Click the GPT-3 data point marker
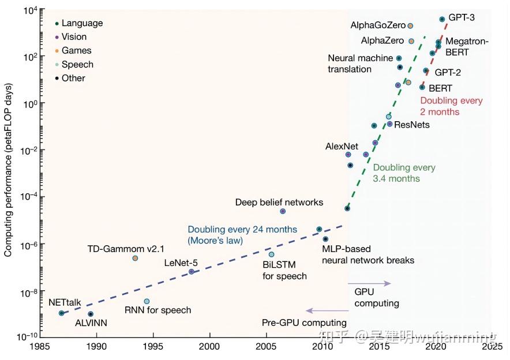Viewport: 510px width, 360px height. pos(442,19)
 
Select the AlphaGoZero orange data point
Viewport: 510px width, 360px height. pos(410,26)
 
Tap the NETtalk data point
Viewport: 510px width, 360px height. pos(61,313)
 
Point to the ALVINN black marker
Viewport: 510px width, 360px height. pos(91,314)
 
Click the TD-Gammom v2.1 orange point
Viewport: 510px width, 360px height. pos(135,258)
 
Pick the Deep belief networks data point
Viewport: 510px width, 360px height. pos(283,211)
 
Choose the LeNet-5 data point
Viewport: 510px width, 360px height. pos(192,271)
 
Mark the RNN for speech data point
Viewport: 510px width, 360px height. pos(147,301)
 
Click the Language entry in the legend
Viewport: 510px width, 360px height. pos(82,23)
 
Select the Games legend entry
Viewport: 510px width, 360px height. pos(76,51)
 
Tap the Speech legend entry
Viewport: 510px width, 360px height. pos(77,65)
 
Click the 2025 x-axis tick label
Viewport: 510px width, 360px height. pos(492,347)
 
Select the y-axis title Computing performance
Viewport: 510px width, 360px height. pos(9,173)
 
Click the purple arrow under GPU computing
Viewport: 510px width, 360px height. pos(369,283)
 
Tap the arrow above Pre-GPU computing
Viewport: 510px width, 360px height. pos(326,311)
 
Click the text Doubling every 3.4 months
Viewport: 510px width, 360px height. pos(404,173)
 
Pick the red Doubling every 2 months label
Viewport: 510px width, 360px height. pos(451,106)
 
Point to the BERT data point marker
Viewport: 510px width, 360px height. pos(422,87)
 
